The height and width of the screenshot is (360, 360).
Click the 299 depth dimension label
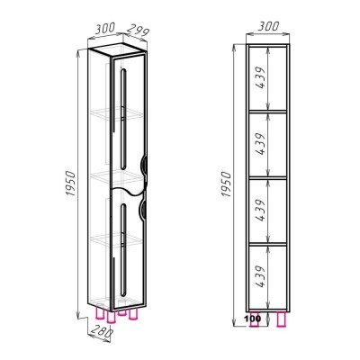pos(138,31)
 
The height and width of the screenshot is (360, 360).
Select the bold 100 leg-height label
pos(254,318)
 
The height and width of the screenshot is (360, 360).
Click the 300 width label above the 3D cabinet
pos(105,29)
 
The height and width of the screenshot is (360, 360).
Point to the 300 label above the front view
pos(269,27)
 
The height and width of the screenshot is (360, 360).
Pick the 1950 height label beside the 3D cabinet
pos(69,184)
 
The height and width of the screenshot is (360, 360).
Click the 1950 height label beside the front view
pos(227,184)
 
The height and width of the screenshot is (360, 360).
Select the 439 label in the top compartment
pos(261,77)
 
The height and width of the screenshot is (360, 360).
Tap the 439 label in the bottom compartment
pos(261,276)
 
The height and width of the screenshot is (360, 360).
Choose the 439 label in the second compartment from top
pos(261,144)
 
